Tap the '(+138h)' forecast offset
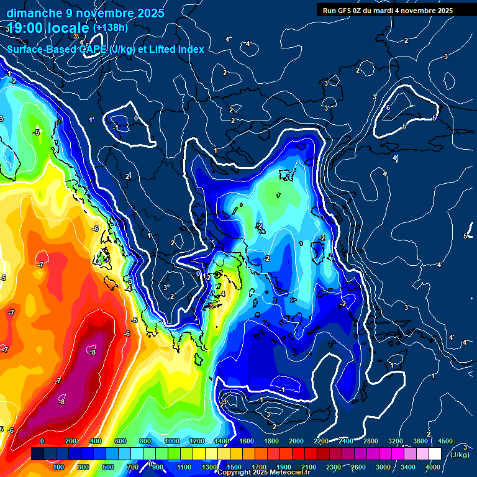(110, 28)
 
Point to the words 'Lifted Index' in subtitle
(177, 49)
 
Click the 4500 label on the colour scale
(445, 441)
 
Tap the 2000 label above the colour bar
(296, 441)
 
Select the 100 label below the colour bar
(59, 467)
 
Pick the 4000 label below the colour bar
(433, 467)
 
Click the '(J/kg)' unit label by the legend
(461, 455)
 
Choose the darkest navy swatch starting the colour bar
(37, 454)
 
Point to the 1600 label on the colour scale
(246, 441)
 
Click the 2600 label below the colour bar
(358, 467)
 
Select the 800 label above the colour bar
(146, 441)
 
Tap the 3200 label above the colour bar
(396, 441)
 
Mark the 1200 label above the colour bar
(196, 441)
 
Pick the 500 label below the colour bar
(109, 467)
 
